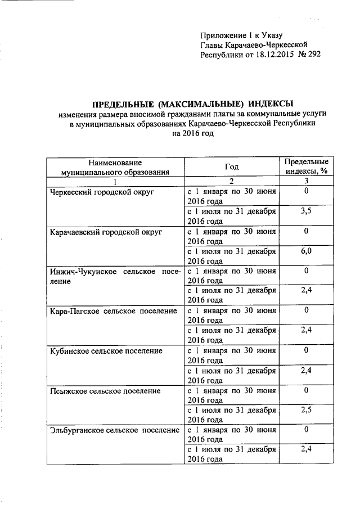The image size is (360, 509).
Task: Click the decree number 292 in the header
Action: (x=313, y=55)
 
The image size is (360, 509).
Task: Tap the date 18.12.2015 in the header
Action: (x=265, y=55)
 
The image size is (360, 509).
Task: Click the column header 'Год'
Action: (x=231, y=166)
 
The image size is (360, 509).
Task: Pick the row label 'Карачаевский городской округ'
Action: (x=105, y=231)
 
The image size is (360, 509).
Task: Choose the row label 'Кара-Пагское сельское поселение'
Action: (x=114, y=310)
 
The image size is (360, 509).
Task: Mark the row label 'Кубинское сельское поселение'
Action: (x=106, y=350)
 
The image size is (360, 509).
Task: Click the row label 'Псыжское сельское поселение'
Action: (x=105, y=390)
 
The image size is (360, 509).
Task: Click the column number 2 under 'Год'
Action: (x=231, y=181)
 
